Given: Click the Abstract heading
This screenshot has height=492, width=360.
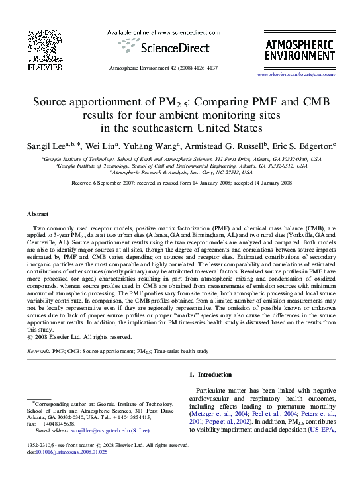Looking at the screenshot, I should click(37, 215).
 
